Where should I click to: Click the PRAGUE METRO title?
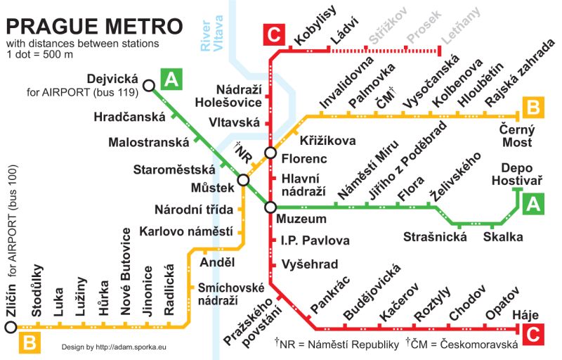[x=95, y=27]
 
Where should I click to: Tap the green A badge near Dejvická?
[x=171, y=79]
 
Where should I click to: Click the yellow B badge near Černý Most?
[x=532, y=108]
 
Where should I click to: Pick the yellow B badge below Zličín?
[x=30, y=343]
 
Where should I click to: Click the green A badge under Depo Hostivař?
[x=532, y=204]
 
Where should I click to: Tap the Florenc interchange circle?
[x=270, y=153]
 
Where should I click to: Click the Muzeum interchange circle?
[x=270, y=207]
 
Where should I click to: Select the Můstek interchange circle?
[x=244, y=181]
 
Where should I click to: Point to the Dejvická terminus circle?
[x=148, y=86]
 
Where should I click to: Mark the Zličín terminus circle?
[x=10, y=327]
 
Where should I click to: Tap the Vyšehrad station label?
[x=309, y=264]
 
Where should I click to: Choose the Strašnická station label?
[x=435, y=237]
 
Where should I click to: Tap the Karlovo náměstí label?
[x=185, y=231]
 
